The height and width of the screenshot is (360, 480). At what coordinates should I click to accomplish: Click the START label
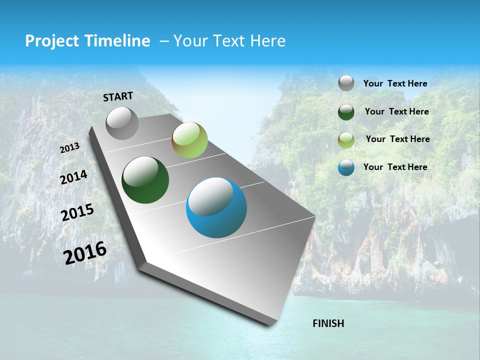[118, 96]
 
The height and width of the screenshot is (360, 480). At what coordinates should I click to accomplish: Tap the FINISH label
[328, 323]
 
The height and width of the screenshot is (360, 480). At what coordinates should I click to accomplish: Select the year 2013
[70, 148]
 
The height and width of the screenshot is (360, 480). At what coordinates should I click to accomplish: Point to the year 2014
[74, 177]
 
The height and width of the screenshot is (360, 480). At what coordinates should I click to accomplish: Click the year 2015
[77, 212]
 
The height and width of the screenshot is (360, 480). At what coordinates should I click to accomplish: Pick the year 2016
[85, 253]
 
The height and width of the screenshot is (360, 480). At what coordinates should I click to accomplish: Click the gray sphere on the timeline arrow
[122, 123]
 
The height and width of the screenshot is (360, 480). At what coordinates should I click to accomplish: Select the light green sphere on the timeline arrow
[189, 140]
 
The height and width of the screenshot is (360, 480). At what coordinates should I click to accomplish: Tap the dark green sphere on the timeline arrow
[145, 180]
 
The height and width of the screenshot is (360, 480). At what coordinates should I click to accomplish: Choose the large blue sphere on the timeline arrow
[216, 207]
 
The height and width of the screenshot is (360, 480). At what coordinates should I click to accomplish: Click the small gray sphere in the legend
[346, 83]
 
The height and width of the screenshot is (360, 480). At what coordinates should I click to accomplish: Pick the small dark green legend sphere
[346, 112]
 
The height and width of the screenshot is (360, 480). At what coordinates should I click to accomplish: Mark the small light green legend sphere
[346, 140]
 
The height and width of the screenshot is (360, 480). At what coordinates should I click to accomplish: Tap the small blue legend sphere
[346, 167]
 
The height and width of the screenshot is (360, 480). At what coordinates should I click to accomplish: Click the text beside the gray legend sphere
[395, 83]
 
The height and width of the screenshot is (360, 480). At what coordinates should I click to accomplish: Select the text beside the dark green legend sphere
[396, 111]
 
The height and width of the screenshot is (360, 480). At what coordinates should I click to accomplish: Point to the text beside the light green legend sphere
[397, 139]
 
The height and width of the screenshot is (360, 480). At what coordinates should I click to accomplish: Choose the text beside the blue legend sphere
[395, 167]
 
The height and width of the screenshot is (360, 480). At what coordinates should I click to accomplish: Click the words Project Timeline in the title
[87, 41]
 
